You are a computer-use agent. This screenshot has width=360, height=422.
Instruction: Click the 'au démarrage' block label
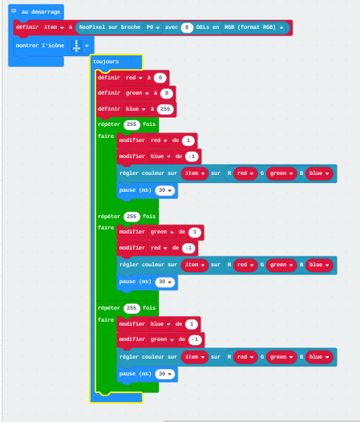click(x=41, y=12)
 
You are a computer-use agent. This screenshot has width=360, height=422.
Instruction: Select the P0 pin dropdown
click(x=153, y=27)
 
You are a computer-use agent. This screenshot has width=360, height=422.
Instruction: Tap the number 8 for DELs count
click(x=187, y=27)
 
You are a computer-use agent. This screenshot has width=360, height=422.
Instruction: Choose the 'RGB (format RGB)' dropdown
click(x=253, y=27)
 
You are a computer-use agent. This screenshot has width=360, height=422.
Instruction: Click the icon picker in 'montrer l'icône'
click(x=79, y=46)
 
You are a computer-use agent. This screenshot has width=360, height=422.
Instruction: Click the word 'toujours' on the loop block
click(x=106, y=62)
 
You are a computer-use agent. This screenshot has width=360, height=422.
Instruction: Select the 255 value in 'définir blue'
click(x=165, y=109)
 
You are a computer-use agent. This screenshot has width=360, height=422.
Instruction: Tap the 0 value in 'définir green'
click(x=167, y=93)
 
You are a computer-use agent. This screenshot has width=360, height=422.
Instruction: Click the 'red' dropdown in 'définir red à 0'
click(x=134, y=78)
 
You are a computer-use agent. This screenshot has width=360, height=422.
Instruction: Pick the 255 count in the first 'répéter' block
click(x=131, y=124)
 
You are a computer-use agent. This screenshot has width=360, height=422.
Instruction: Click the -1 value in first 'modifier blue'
click(x=192, y=156)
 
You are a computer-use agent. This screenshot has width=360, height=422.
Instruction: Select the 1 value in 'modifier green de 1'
click(x=195, y=232)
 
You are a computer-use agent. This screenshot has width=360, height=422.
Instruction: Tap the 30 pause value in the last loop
click(x=165, y=374)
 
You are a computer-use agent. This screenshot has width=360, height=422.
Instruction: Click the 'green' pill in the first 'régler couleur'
click(x=281, y=173)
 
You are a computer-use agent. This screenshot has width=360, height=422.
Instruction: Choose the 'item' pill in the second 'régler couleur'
click(x=195, y=265)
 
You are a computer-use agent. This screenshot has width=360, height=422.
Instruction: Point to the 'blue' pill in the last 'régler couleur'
click(x=319, y=357)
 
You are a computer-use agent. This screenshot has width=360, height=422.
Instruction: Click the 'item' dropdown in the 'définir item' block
click(x=54, y=27)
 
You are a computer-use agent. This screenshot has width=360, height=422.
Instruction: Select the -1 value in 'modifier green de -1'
click(x=195, y=339)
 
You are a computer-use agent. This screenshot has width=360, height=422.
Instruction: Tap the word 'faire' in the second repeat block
click(x=106, y=228)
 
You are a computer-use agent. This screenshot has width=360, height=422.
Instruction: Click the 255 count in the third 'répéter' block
click(x=131, y=308)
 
